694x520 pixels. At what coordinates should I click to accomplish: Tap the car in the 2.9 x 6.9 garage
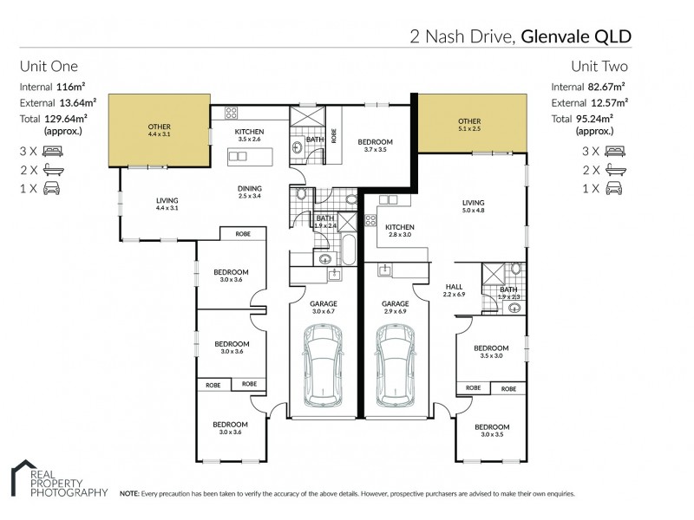coord(396,369)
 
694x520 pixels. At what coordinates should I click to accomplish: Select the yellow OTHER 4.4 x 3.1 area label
coord(160,132)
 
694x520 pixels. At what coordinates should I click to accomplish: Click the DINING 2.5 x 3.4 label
coord(250,192)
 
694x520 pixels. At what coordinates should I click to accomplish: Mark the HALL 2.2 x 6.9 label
coord(455,290)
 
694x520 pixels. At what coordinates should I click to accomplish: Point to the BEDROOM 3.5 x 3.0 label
coord(491,351)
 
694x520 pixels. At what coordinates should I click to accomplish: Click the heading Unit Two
coord(599,66)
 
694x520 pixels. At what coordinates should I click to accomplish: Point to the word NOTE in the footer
coord(130,493)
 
